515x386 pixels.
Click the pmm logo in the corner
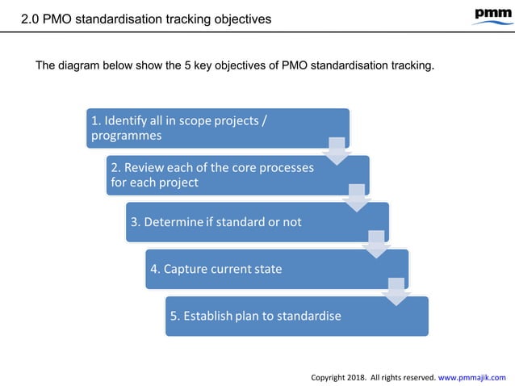(486, 15)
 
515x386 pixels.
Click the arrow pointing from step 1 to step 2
(336, 151)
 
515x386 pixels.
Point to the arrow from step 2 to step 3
(355, 198)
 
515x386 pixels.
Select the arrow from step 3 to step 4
(375, 245)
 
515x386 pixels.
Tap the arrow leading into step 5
(395, 292)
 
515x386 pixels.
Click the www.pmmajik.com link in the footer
(471, 376)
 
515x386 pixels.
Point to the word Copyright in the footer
(329, 376)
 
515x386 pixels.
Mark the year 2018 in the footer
(358, 376)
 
